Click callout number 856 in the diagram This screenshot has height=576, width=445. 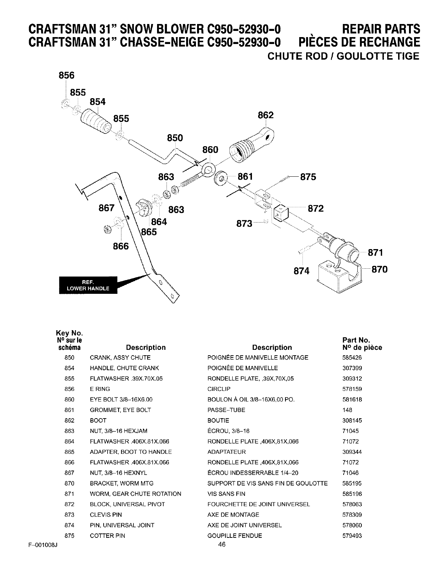click(x=66, y=75)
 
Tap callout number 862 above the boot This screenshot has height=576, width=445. click(x=265, y=115)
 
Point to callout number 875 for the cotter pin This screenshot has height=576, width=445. click(x=308, y=177)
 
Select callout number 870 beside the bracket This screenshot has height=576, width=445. click(x=379, y=269)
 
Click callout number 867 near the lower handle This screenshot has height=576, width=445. click(x=107, y=208)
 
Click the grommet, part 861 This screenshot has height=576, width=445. click(x=220, y=178)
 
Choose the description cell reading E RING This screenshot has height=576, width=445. click(x=100, y=389)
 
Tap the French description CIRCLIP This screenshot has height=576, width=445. click(x=219, y=389)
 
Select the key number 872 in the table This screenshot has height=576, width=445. click(x=69, y=504)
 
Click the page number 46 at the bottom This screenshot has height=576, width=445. click(x=222, y=544)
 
